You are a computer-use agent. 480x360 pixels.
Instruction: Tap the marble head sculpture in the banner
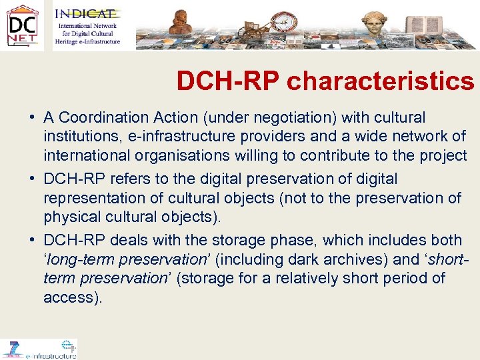coord(375,24)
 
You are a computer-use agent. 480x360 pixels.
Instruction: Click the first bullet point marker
coord(32,118)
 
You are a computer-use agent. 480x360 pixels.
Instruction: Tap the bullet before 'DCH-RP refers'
coord(32,179)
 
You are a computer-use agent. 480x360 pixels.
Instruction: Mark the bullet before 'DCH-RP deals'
coord(32,241)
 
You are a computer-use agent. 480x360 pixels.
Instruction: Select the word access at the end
coord(71,297)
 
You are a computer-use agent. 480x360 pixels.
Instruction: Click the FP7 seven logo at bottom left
coord(12,349)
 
